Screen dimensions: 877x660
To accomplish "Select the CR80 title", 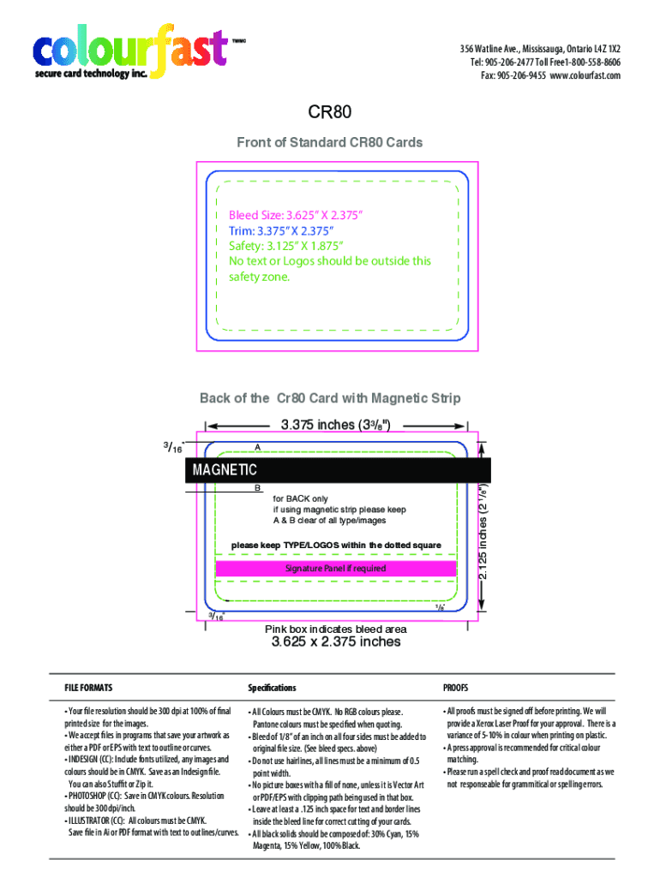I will [x=330, y=113].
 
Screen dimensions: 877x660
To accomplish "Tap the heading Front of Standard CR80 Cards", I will [x=330, y=142].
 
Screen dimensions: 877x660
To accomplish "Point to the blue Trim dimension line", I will [x=282, y=230].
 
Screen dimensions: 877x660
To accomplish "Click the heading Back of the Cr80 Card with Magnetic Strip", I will [x=330, y=398].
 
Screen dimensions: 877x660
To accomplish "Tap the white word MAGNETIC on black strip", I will [x=225, y=470].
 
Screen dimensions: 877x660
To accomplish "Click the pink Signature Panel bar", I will [x=335, y=569].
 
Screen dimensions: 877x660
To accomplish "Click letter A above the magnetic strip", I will [x=257, y=448].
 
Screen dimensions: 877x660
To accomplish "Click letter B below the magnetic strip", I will [x=257, y=488].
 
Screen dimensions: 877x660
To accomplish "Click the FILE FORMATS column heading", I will [x=88, y=688].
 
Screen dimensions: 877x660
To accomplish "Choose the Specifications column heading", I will [x=272, y=688].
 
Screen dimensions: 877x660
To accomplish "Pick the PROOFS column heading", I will [x=455, y=688].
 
